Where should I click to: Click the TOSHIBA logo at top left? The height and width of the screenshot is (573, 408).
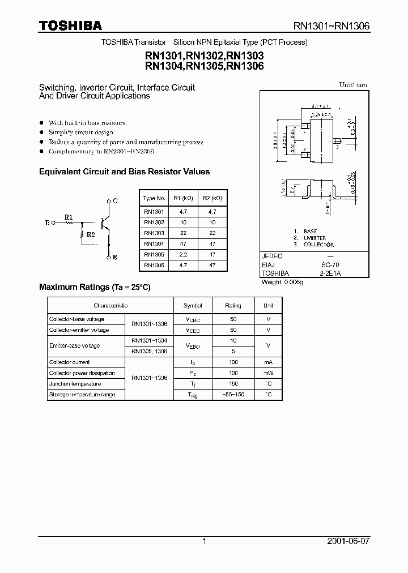[70, 25]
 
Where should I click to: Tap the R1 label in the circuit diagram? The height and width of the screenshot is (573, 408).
[68, 217]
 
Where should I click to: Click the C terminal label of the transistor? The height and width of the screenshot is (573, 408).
[115, 201]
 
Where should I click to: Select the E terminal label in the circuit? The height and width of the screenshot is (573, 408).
[115, 257]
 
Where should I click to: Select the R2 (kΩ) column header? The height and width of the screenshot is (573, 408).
[212, 198]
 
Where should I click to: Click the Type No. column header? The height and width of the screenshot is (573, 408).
[154, 198]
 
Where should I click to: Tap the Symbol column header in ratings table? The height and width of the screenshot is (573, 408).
[193, 306]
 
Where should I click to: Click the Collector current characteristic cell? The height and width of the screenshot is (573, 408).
[70, 362]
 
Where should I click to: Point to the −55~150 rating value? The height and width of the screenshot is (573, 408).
[233, 395]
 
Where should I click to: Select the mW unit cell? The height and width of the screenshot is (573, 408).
[268, 373]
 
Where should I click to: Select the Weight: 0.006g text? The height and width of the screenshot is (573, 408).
[282, 281]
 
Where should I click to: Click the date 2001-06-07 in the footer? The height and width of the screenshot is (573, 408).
[348, 541]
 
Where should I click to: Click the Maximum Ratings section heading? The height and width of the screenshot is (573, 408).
[95, 288]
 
